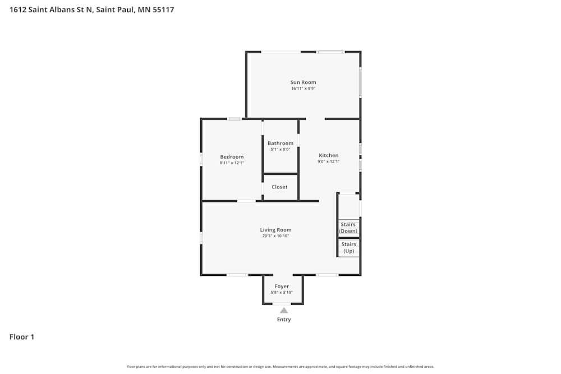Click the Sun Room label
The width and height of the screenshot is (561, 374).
[x=303, y=82]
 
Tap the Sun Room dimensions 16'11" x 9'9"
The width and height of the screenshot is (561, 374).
[x=303, y=89]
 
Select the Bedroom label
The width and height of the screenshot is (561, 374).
[x=232, y=157]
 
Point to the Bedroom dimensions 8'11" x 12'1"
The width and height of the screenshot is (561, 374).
[x=232, y=163]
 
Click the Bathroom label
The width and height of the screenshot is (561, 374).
[x=280, y=144]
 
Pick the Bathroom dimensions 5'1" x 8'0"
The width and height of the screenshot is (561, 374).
[x=280, y=150]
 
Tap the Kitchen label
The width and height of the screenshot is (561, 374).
[x=329, y=155]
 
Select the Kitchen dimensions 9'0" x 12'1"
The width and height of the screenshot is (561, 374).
[x=329, y=161]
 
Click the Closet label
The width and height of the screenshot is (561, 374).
[x=279, y=187]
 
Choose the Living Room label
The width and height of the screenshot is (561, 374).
[x=275, y=230]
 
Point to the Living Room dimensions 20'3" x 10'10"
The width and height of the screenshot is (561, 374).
[x=275, y=236]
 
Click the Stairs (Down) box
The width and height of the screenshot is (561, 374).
[x=348, y=228]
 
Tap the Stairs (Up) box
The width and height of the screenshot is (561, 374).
[x=348, y=247]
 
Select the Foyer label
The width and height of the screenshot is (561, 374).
[x=282, y=287]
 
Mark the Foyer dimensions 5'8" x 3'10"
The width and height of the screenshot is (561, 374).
[x=282, y=293]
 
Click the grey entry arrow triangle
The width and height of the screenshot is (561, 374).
[x=284, y=310]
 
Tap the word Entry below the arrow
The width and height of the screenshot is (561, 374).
[x=284, y=320]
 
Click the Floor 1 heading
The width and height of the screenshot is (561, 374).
[x=22, y=337]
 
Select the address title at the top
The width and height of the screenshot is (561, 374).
[x=91, y=10]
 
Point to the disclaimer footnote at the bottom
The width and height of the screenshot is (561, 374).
[x=280, y=367]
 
